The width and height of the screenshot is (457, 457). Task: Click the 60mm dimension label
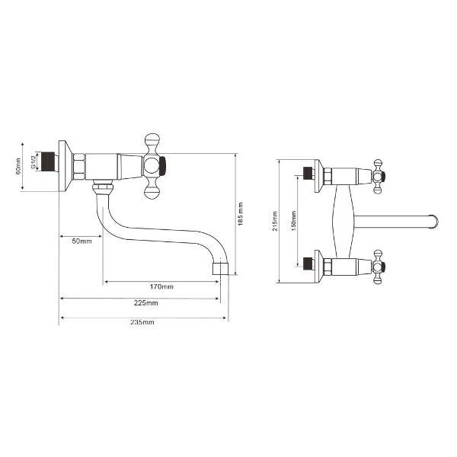(x=18, y=166)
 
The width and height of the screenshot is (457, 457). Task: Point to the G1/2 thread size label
(x=33, y=161)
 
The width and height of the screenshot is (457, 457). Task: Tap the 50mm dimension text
(x=82, y=241)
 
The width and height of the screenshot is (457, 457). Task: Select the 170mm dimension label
(x=161, y=287)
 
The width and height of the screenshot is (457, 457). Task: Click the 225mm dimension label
(x=146, y=303)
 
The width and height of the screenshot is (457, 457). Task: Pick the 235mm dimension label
(x=142, y=322)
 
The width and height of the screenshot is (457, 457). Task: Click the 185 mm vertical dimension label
(x=241, y=214)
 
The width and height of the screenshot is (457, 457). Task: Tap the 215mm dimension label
(x=275, y=221)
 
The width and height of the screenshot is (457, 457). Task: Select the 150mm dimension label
(x=293, y=221)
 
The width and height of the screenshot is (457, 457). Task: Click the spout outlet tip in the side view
(x=220, y=268)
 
